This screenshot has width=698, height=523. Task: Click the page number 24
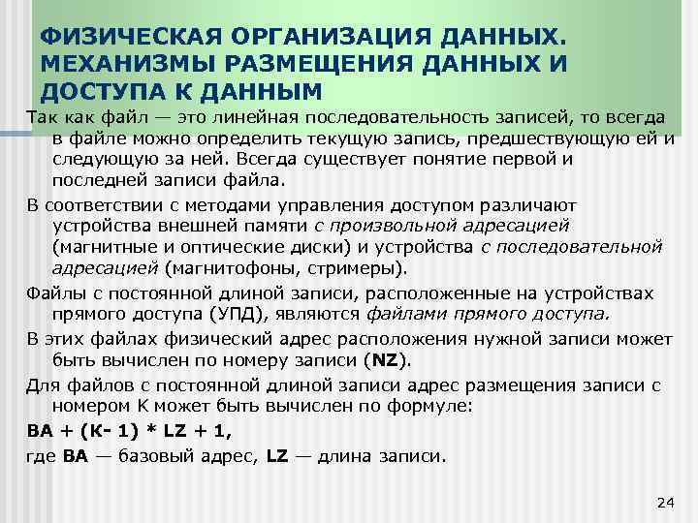click(664, 500)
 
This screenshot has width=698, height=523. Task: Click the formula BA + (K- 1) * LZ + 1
click(129, 430)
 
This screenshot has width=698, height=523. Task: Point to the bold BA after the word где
click(76, 454)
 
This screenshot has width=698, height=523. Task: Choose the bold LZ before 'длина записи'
click(276, 454)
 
